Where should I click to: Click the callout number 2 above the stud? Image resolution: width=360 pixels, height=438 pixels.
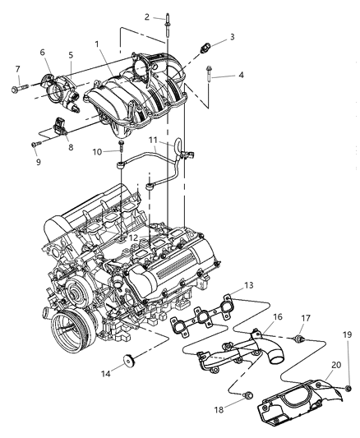145,16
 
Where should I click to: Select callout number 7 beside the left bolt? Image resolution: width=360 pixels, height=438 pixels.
17,69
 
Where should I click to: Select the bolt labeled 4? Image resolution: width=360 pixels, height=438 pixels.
212,76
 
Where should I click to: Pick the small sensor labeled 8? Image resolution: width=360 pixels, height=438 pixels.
62,128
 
